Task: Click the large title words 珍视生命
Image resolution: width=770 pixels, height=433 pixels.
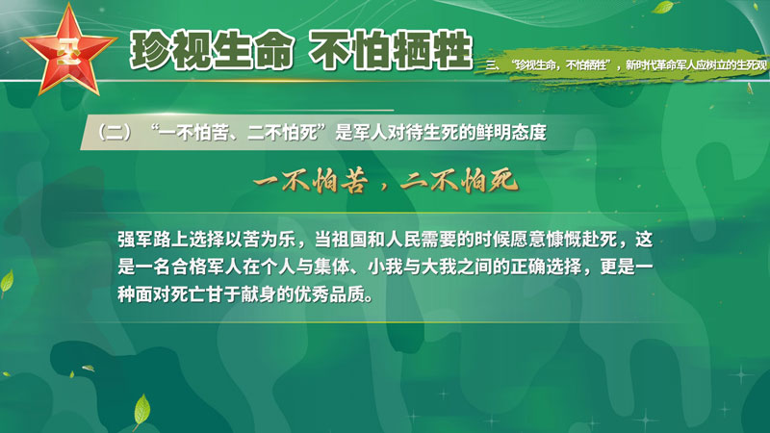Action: point(211,50)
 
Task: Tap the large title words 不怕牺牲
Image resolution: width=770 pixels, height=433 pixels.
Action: point(391,50)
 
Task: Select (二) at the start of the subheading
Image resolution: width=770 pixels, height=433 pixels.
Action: point(115,133)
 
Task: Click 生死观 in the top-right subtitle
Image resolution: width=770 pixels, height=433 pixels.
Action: point(752,64)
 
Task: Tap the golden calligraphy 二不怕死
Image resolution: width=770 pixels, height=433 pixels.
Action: point(460,181)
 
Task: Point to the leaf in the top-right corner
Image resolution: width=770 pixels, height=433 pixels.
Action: point(663,8)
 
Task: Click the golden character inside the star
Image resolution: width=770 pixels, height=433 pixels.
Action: point(67,51)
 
